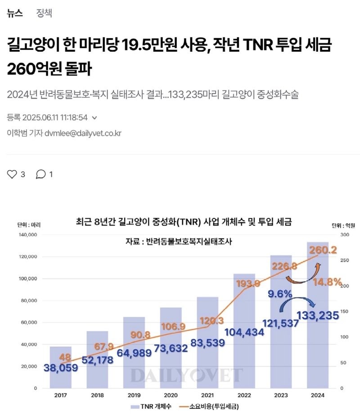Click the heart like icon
click(12, 174)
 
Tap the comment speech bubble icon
click(41, 174)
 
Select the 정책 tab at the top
click(44, 13)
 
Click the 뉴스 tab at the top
click(15, 13)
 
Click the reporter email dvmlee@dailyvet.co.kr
click(83, 133)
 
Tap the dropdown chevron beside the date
click(94, 118)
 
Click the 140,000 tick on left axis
click(28, 235)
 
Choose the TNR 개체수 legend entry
click(149, 407)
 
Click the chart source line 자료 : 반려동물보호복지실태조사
click(182, 242)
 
